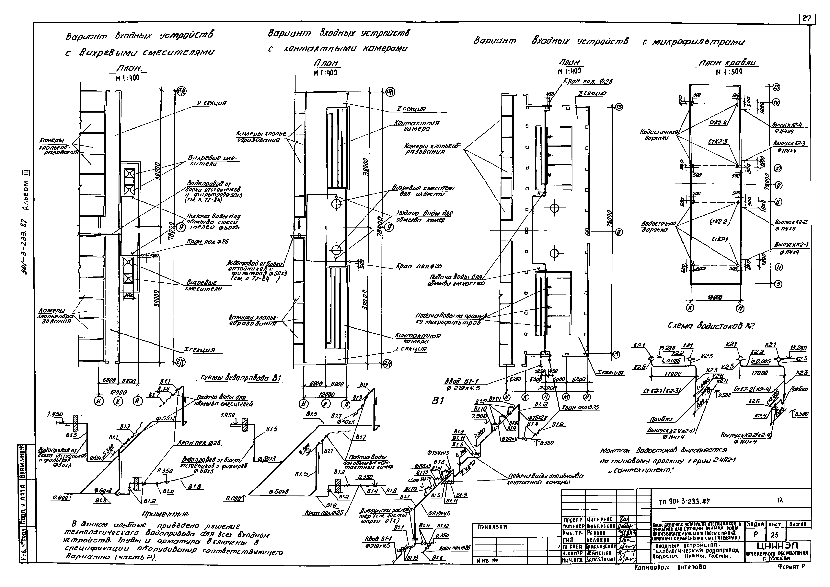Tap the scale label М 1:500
(728, 72)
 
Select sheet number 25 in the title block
(774, 535)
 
